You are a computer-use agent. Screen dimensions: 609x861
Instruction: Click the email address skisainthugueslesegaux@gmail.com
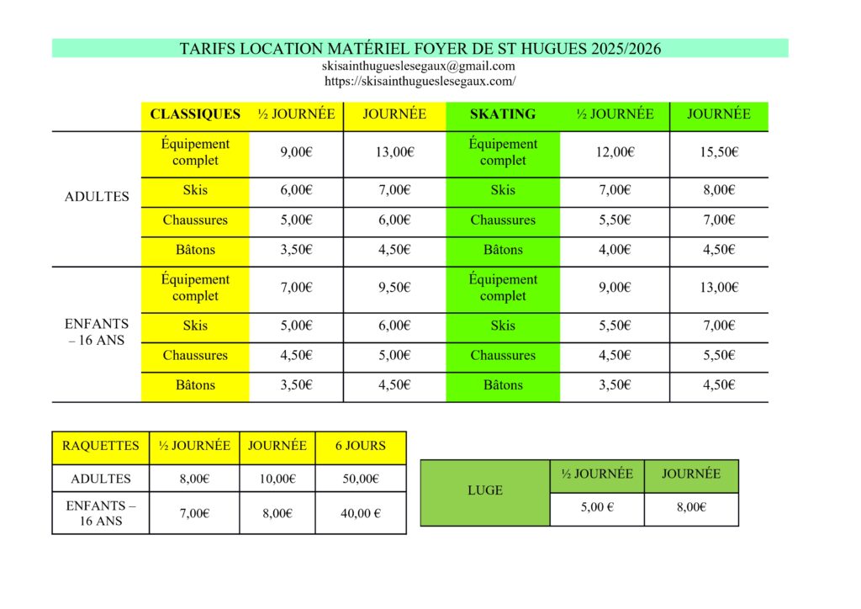pyautogui.click(x=418, y=66)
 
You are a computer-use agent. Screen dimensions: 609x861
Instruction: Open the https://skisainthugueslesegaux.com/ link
pyautogui.click(x=420, y=82)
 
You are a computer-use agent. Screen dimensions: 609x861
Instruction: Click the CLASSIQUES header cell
pyautogui.click(x=195, y=114)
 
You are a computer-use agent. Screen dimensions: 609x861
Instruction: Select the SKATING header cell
pyautogui.click(x=503, y=114)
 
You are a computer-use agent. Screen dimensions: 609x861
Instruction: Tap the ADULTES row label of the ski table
pyautogui.click(x=97, y=197)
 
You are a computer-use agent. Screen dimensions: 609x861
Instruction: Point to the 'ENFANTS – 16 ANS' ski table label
pyautogui.click(x=97, y=332)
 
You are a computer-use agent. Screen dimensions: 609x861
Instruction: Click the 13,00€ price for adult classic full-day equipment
pyautogui.click(x=394, y=152)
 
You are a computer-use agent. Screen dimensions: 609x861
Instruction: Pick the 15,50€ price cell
pyautogui.click(x=719, y=152)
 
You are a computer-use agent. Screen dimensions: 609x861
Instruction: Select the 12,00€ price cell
pyautogui.click(x=615, y=152)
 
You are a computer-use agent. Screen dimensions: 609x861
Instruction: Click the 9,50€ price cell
pyautogui.click(x=394, y=288)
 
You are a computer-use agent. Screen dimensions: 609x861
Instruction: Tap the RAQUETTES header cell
pyautogui.click(x=101, y=446)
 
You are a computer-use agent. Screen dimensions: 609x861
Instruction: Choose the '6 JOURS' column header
pyautogui.click(x=361, y=446)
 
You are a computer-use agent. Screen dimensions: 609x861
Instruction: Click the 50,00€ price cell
pyautogui.click(x=361, y=479)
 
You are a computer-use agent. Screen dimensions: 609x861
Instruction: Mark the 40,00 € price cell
pyautogui.click(x=361, y=514)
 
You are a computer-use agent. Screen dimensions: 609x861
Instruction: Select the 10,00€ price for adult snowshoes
pyautogui.click(x=277, y=479)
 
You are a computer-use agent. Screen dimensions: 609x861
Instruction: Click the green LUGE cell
pyautogui.click(x=485, y=490)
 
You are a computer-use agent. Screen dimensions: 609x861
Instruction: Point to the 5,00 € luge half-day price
pyautogui.click(x=597, y=507)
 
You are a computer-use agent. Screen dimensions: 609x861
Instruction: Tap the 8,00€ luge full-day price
pyautogui.click(x=691, y=507)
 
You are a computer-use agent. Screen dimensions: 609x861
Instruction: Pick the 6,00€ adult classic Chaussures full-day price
pyautogui.click(x=394, y=220)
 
